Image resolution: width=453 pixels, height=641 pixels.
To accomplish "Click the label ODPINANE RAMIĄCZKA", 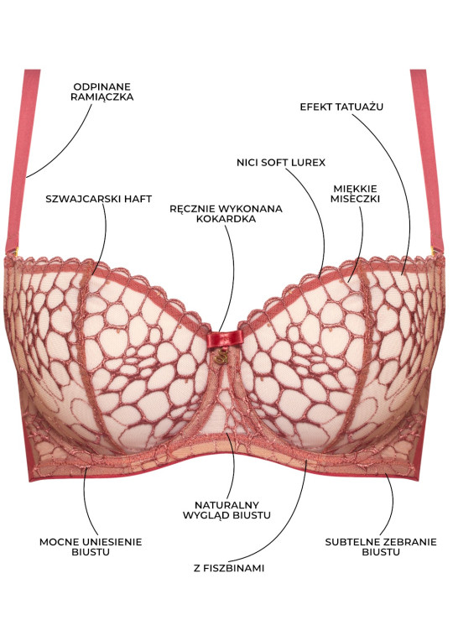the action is tap(102, 92).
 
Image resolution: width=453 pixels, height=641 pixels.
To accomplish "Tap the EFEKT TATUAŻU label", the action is tap(341, 107).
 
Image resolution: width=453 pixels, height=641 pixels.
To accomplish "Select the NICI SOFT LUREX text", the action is tap(281, 163).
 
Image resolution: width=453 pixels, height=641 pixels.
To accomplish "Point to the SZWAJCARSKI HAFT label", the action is tap(98, 199).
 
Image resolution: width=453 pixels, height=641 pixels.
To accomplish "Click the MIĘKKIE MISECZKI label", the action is tap(355, 194).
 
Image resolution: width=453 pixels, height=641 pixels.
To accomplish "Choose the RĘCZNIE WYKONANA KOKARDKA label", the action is tap(226, 214).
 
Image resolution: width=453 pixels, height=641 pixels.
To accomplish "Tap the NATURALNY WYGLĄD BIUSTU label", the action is tap(226, 510).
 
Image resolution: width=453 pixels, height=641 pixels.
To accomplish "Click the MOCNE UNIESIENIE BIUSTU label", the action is tap(91, 547).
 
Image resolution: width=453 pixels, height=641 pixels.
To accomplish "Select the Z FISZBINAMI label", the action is tap(229, 568).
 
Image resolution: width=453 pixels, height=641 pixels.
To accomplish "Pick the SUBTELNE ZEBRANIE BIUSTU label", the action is tap(381, 547).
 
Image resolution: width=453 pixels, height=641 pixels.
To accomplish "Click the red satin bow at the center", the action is tap(225, 339).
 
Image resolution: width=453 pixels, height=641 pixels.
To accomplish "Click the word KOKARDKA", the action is tap(226, 219).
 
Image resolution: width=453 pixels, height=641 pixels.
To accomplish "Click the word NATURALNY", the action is tap(226, 505).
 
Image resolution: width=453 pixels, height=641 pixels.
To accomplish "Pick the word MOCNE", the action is tap(60, 542).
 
